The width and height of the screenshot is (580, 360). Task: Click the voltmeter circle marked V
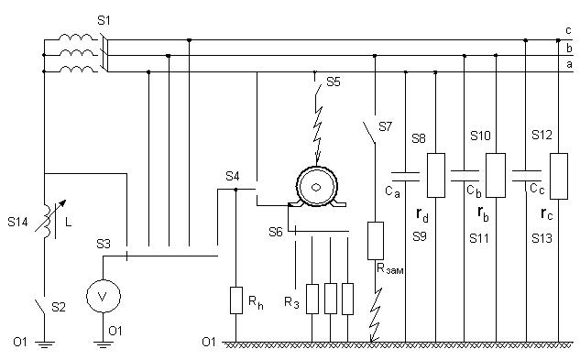pyautogui.click(x=104, y=296)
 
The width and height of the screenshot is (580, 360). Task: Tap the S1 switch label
pyautogui.click(x=104, y=20)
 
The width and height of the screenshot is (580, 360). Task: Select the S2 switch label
pyautogui.click(x=59, y=307)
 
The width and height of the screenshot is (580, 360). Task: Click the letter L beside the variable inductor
pyautogui.click(x=68, y=223)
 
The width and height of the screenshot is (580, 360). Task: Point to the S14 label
pyautogui.click(x=17, y=222)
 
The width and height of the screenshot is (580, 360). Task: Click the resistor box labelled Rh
pyautogui.click(x=236, y=300)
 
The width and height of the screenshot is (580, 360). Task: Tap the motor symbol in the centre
pyautogui.click(x=317, y=187)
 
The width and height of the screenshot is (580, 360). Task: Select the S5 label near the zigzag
pyautogui.click(x=334, y=82)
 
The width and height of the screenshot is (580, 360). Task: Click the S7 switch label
pyautogui.click(x=385, y=126)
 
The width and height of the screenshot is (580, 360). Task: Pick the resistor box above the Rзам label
pyautogui.click(x=376, y=241)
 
